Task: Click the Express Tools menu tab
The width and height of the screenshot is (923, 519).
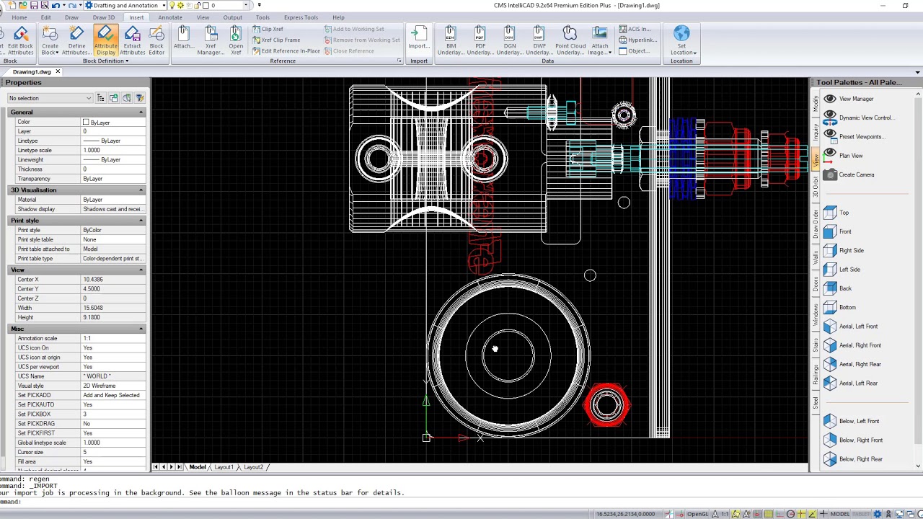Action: coord(301,17)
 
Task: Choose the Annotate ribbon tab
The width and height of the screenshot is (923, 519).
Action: coord(170,17)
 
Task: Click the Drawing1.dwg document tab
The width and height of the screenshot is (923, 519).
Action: coord(32,72)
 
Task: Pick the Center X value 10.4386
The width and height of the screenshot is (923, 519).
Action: coord(93,280)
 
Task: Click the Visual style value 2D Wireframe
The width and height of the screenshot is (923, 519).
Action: coord(100,386)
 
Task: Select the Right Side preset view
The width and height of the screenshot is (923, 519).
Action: coord(851,251)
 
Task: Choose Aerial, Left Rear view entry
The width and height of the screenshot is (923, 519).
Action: coord(858,383)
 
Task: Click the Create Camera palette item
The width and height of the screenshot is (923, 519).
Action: coord(856,174)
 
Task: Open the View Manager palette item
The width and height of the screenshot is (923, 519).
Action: coord(856,99)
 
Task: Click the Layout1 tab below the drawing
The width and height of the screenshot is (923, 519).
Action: coord(224,467)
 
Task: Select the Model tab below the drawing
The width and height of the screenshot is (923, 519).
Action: coord(197,467)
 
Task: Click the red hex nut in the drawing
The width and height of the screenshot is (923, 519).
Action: coord(606,404)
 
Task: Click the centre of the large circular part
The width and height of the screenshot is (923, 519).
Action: coord(508,355)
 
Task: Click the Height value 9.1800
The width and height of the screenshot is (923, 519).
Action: coord(92,317)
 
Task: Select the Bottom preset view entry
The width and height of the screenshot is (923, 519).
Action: coord(847,308)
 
